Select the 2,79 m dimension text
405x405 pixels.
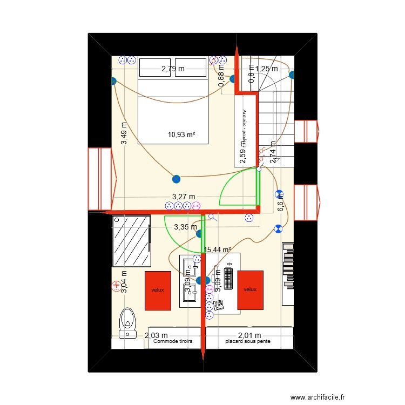coord(173,69)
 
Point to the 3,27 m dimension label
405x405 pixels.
coord(184,197)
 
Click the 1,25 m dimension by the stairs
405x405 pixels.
coord(267,69)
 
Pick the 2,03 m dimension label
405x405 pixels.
coord(156,335)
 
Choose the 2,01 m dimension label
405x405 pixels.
coord(249,335)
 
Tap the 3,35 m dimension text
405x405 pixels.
coord(185,227)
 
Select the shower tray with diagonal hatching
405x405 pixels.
coord(131,241)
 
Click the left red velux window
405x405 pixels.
coord(157,289)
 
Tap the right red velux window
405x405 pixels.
coord(249,289)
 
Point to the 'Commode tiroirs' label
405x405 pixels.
coord(173,342)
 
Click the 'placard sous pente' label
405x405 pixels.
coord(248,342)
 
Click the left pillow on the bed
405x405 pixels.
coord(156,68)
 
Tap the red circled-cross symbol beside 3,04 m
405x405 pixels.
coord(116,286)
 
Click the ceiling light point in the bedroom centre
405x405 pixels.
coord(175,179)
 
